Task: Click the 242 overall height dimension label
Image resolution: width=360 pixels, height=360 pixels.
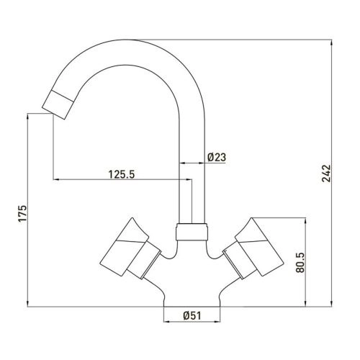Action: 326,174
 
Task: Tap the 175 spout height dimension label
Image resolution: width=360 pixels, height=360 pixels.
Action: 22,213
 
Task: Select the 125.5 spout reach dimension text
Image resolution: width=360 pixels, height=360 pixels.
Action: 122,174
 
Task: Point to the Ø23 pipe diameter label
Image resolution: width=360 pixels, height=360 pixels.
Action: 217,157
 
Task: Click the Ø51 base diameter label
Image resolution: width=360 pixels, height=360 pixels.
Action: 192,315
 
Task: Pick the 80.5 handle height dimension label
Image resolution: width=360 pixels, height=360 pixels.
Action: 300,262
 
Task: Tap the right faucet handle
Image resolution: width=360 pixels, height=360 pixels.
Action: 253,248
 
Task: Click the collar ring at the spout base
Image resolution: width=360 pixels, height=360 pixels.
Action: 192,232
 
